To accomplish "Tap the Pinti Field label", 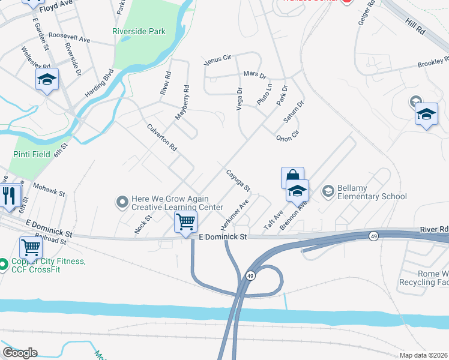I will point(31,154).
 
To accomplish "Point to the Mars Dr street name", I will point(255,74).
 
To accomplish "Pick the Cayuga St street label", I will point(238,181).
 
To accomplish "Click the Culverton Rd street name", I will point(162,137).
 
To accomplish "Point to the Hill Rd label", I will point(414,26).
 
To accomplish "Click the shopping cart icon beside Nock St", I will point(185,221).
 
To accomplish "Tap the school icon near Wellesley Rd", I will point(46,79).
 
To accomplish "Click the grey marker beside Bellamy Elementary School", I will point(328,191).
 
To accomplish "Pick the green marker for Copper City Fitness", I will point(4,263).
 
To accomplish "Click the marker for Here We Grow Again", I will point(122,202).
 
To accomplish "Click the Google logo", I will point(20,353).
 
